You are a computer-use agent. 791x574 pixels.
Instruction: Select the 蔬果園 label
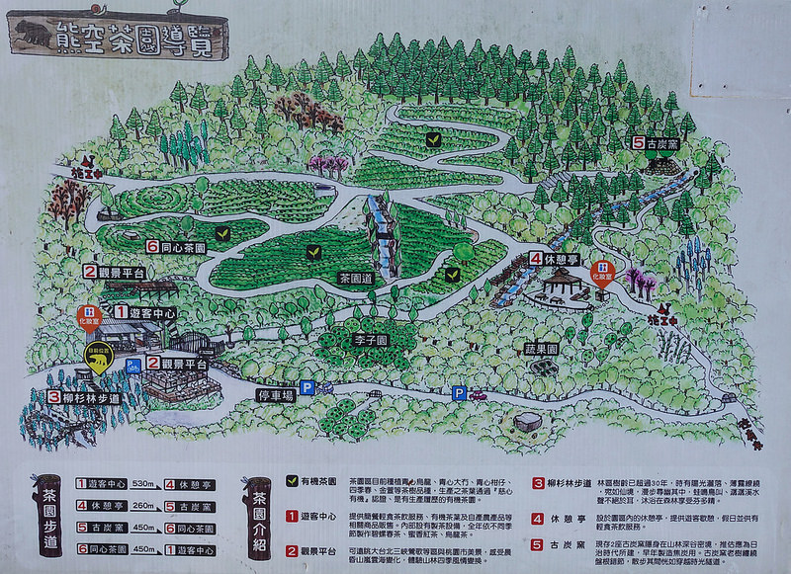tap(541, 349)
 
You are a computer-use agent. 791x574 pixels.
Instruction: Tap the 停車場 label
tap(276, 394)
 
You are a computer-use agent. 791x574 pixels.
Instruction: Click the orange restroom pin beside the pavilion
tap(600, 272)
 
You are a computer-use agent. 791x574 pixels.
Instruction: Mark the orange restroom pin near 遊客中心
tap(90, 315)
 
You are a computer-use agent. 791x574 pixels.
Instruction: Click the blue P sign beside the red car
tap(459, 393)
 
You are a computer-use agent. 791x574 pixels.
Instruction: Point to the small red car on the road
tap(479, 396)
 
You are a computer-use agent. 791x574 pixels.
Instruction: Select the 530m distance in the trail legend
tap(144, 484)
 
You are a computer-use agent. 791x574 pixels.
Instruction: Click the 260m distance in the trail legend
tap(144, 506)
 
